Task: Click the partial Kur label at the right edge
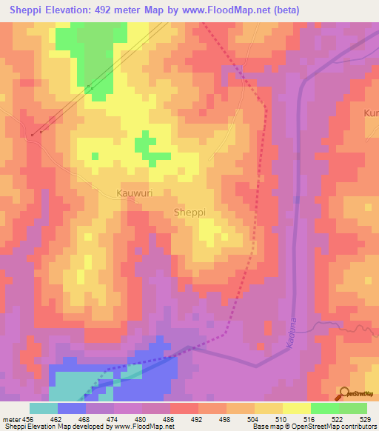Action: pyautogui.click(x=371, y=113)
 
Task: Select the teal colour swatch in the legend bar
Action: pyautogui.click(x=44, y=408)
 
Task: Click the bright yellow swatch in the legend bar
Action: pyautogui.click(x=296, y=408)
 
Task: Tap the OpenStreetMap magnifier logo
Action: pyautogui.click(x=343, y=393)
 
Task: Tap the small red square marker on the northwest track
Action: pyautogui.click(x=33, y=135)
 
